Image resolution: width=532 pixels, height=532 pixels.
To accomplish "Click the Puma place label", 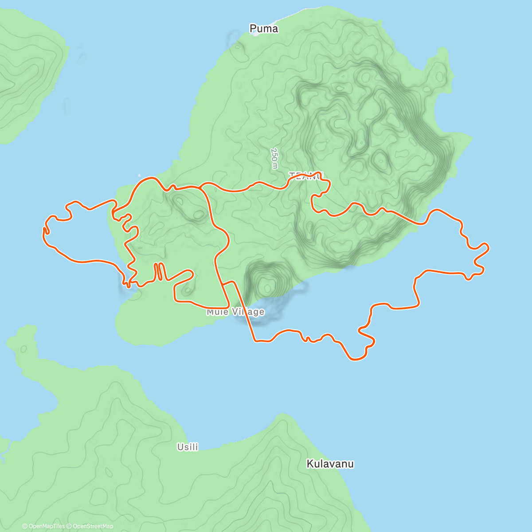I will tap(264, 29).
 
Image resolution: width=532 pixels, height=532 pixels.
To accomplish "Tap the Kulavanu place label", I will tap(330, 464).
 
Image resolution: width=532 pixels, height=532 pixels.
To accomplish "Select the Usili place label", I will tap(188, 447).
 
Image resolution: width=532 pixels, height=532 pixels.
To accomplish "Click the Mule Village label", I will tap(235, 312).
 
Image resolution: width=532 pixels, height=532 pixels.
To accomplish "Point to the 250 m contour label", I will tap(275, 158).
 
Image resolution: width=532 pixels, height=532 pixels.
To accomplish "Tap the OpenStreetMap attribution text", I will tap(93, 526).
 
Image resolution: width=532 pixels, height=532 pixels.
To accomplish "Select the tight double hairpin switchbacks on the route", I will tap(160, 271).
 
